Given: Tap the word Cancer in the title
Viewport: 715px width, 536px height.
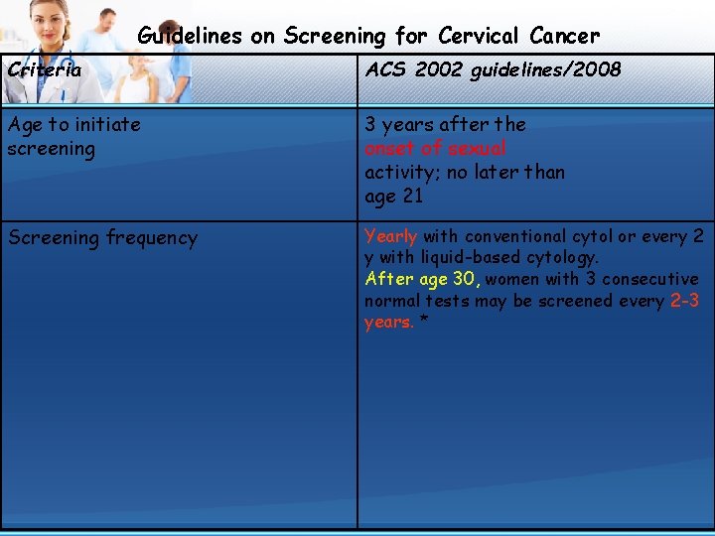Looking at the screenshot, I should [564, 37].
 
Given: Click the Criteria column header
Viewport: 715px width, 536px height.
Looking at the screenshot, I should [44, 69].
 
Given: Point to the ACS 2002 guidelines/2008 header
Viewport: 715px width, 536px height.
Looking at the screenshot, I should [493, 69].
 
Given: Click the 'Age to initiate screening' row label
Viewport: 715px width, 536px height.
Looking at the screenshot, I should [73, 137].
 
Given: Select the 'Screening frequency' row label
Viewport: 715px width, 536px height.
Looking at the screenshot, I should [102, 238].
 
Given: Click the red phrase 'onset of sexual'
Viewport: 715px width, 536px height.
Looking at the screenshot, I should [435, 148].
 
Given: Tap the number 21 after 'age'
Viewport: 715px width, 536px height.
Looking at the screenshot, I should [412, 196].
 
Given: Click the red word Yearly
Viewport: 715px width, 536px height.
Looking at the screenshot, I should [390, 236].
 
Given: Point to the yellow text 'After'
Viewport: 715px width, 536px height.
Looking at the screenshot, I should [386, 279].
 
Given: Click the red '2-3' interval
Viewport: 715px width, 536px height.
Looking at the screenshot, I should [684, 301].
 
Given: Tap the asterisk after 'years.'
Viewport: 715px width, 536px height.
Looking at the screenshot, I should [424, 323].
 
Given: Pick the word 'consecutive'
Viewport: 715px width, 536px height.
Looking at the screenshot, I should [649, 279].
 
